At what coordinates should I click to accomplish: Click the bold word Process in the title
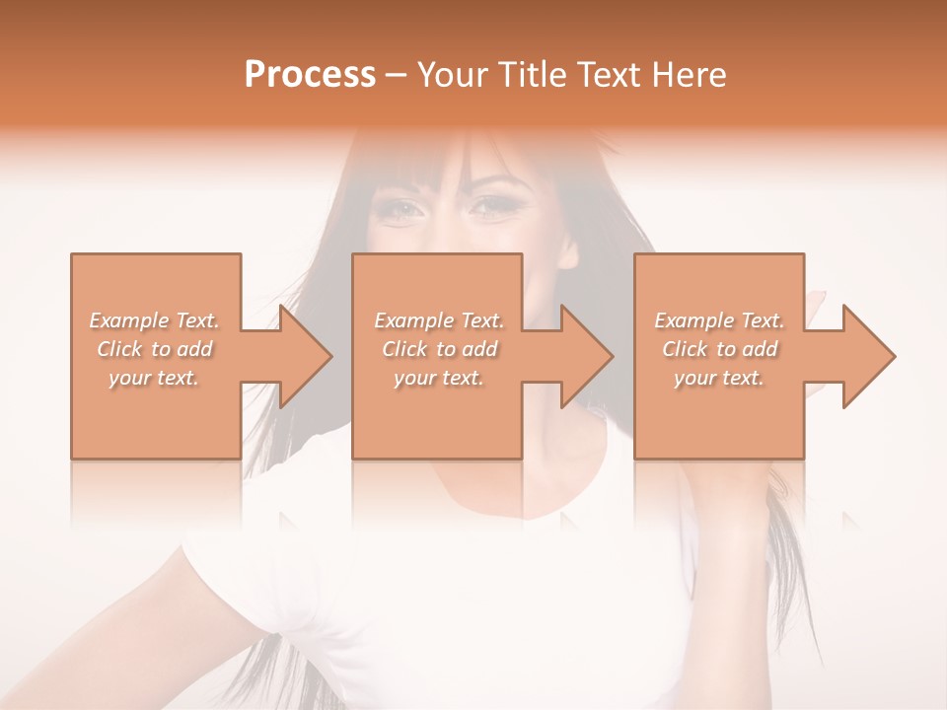point(310,75)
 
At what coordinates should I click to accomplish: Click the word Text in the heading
point(608,75)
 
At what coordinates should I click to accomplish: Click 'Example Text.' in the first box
point(155,320)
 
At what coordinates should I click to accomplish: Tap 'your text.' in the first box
point(155,378)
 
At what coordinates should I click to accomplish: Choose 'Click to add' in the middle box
point(439,349)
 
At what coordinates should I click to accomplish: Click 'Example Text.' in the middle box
point(439,320)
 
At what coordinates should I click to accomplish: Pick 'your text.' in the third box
point(719,378)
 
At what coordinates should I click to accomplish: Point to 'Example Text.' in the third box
point(719,320)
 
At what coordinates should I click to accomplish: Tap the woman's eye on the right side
point(490,206)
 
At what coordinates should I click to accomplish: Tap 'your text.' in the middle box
point(439,378)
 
